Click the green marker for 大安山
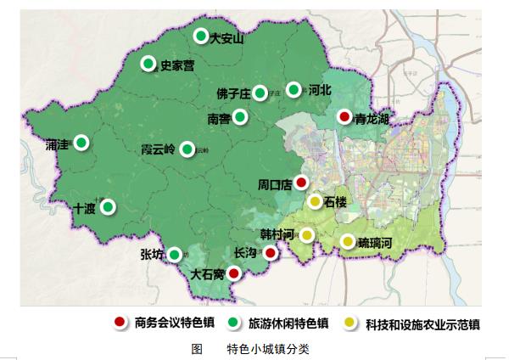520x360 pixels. tap(201, 36)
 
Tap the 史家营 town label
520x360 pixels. tap(177, 65)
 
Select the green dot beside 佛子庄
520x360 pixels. tap(260, 93)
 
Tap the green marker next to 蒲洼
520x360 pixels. tap(81, 143)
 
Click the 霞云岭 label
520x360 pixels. tap(157, 149)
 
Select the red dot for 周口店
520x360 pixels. tap(301, 182)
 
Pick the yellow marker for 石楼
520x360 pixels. tap(315, 201)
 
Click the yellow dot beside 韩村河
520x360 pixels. tap(307, 235)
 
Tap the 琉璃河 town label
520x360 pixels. tap(375, 242)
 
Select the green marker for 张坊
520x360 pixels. tap(175, 255)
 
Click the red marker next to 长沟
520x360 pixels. tap(270, 253)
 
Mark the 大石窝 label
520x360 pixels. tap(209, 274)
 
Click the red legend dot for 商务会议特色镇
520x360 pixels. tap(121, 323)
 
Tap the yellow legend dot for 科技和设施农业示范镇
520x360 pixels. tap(350, 323)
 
